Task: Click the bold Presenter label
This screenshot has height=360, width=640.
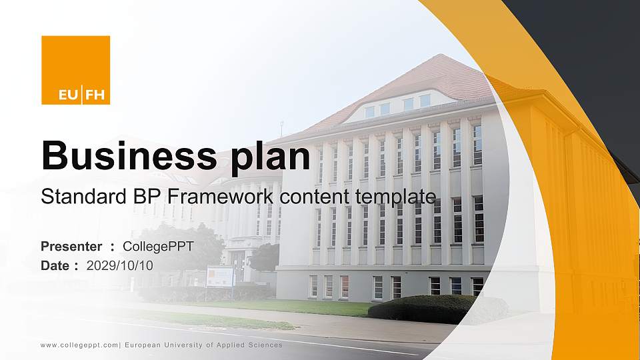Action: click(x=71, y=247)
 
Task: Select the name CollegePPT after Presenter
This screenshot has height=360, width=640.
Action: click(x=159, y=247)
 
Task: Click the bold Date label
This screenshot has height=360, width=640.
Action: click(x=55, y=265)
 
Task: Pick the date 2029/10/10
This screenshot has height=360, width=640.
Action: click(x=120, y=265)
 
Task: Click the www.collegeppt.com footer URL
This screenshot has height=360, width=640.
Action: click(x=79, y=345)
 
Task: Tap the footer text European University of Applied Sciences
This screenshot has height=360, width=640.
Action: click(x=203, y=345)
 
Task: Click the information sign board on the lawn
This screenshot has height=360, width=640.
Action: click(x=219, y=276)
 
